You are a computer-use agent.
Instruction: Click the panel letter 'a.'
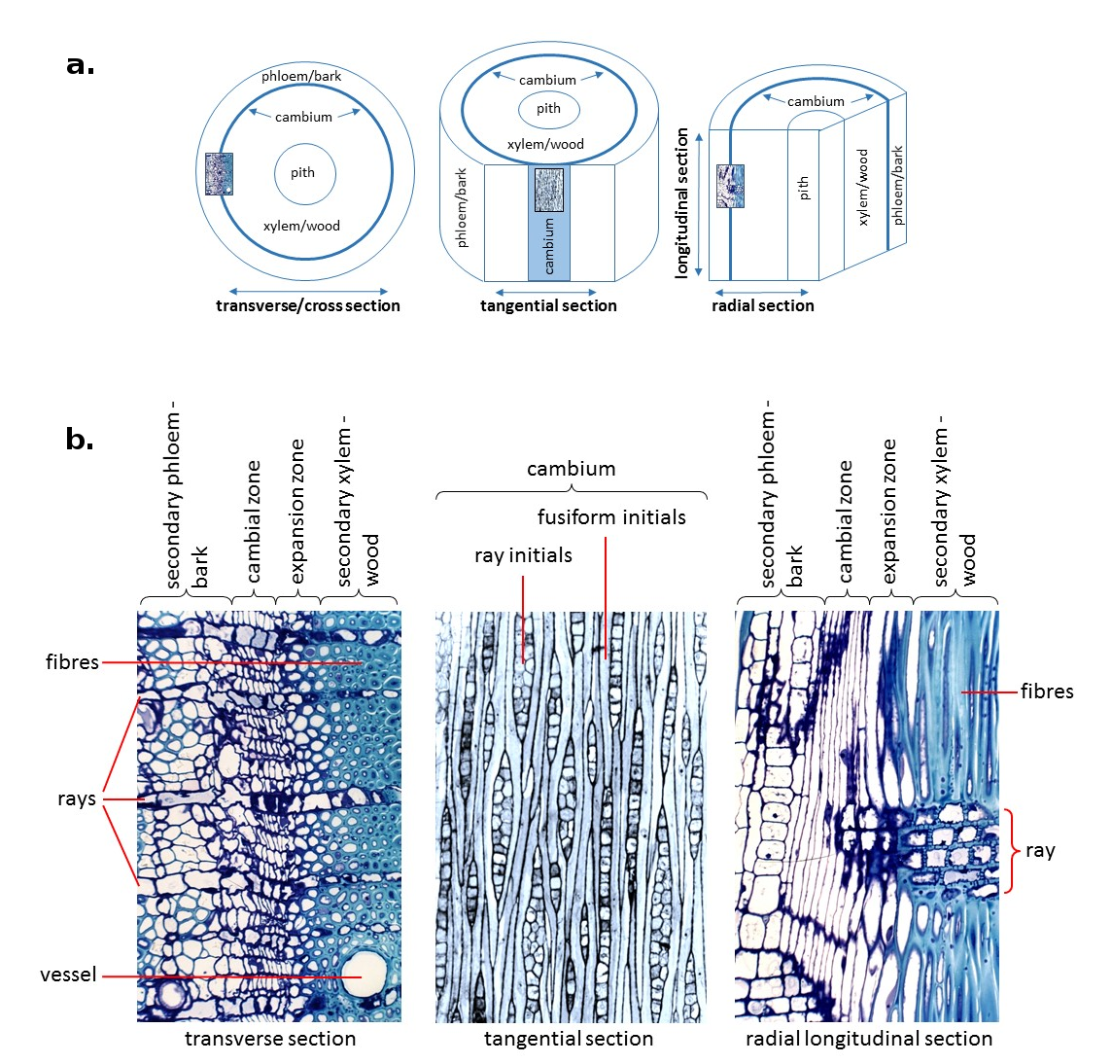[81, 65]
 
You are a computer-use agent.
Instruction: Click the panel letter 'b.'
[80, 440]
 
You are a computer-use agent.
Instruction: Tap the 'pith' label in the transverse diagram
[302, 173]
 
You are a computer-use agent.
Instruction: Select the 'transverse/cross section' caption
[307, 305]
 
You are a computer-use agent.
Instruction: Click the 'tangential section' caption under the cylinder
[548, 305]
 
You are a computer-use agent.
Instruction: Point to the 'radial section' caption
[763, 305]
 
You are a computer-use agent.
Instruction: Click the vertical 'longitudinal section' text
[682, 202]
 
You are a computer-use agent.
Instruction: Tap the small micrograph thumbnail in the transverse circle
[219, 174]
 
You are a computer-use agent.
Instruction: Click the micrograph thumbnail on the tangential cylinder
[549, 190]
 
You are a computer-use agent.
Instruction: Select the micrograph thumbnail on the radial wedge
[730, 186]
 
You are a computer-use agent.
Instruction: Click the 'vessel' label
[68, 975]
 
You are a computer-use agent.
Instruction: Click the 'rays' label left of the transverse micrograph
[77, 799]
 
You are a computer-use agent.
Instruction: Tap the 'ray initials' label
[523, 555]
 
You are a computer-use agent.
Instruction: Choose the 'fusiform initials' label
[611, 517]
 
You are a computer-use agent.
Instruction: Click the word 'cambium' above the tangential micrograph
[571, 469]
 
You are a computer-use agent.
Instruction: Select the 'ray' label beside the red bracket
[1039, 851]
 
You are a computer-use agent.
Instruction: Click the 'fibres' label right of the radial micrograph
[1047, 692]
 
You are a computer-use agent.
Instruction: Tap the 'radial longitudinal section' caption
[869, 1039]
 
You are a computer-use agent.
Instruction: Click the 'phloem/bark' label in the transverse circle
[301, 76]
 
